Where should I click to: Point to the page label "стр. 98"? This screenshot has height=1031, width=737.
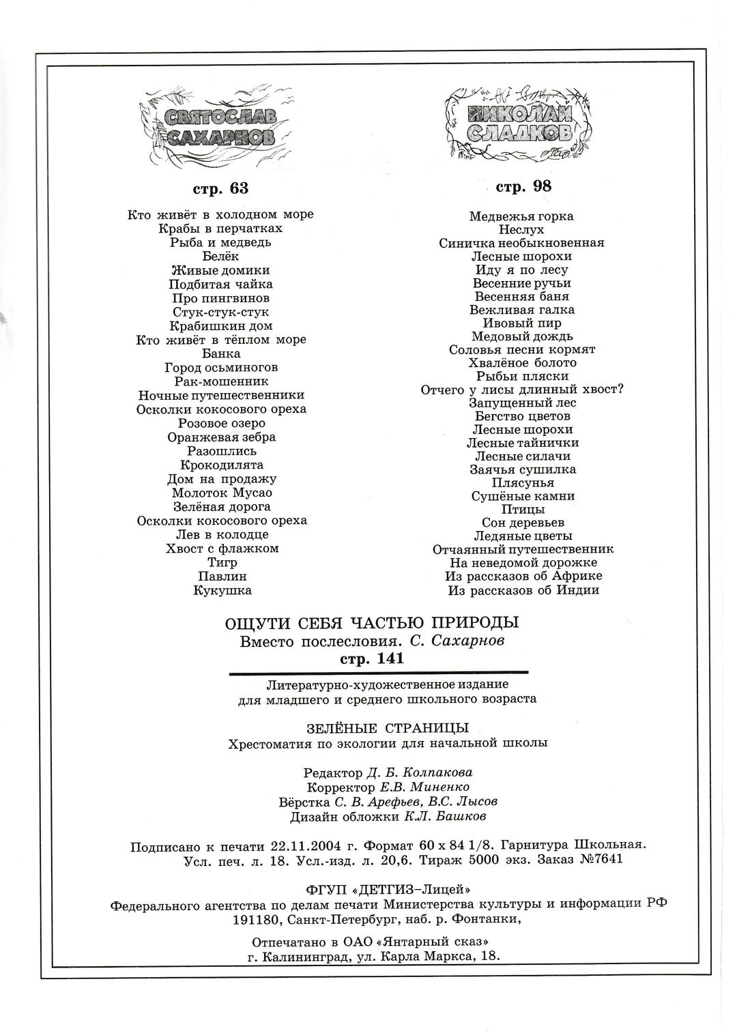click(523, 186)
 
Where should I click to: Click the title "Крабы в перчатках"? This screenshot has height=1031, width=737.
click(220, 229)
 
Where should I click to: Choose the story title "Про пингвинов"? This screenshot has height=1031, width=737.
click(220, 298)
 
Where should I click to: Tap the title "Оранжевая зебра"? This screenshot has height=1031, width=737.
click(221, 437)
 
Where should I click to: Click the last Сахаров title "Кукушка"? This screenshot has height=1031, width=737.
click(222, 590)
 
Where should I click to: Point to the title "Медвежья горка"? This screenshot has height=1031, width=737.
click(521, 216)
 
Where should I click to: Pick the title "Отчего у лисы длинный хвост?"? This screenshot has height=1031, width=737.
click(523, 390)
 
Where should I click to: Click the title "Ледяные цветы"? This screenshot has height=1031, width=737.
click(523, 536)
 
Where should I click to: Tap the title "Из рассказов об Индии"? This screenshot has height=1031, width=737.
click(523, 590)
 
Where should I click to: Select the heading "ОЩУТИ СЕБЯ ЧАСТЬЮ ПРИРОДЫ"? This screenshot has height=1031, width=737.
click(372, 623)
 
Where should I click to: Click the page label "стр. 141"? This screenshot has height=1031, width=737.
click(372, 658)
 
